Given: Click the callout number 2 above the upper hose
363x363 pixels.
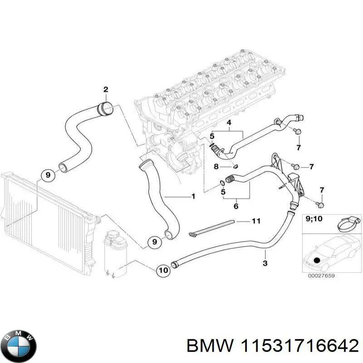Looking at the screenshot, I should tap(105, 89).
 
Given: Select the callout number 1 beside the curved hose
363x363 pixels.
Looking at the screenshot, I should tap(193, 196).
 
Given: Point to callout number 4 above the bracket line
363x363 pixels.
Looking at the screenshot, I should tap(229, 123).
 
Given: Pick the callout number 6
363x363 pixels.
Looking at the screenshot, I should tap(235, 206).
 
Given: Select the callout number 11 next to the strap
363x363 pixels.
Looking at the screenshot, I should tap(256, 221).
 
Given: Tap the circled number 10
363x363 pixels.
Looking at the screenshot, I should tap(163, 270).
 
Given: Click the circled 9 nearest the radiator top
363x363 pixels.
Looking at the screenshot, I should tap(47, 174).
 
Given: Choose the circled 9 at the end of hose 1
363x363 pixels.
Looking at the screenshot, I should tap(154, 242).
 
